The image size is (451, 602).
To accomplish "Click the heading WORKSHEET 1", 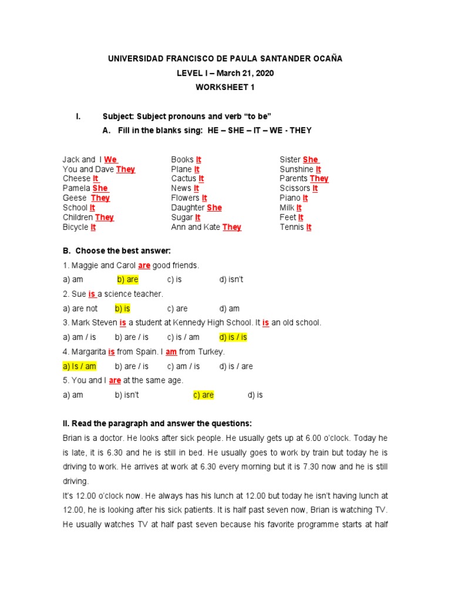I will click(225, 87).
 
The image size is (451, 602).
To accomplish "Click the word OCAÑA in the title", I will click(327, 59).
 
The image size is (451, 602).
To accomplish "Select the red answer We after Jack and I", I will click(111, 159).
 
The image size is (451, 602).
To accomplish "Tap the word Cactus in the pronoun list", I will click(183, 178).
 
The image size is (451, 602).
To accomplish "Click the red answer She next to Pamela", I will click(100, 188).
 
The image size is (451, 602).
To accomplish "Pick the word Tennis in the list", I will click(292, 227).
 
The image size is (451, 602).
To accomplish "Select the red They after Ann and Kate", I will click(232, 227).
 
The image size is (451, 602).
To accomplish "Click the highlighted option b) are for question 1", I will click(127, 280).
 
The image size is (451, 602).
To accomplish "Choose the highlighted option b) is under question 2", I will click(123, 308).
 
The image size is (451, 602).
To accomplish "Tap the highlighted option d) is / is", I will click(233, 337).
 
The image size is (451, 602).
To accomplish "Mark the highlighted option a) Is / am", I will click(79, 366).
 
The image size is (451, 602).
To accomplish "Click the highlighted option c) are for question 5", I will click(203, 395).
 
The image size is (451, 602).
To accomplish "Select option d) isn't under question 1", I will click(231, 280).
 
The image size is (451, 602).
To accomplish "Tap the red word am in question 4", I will click(171, 352).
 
